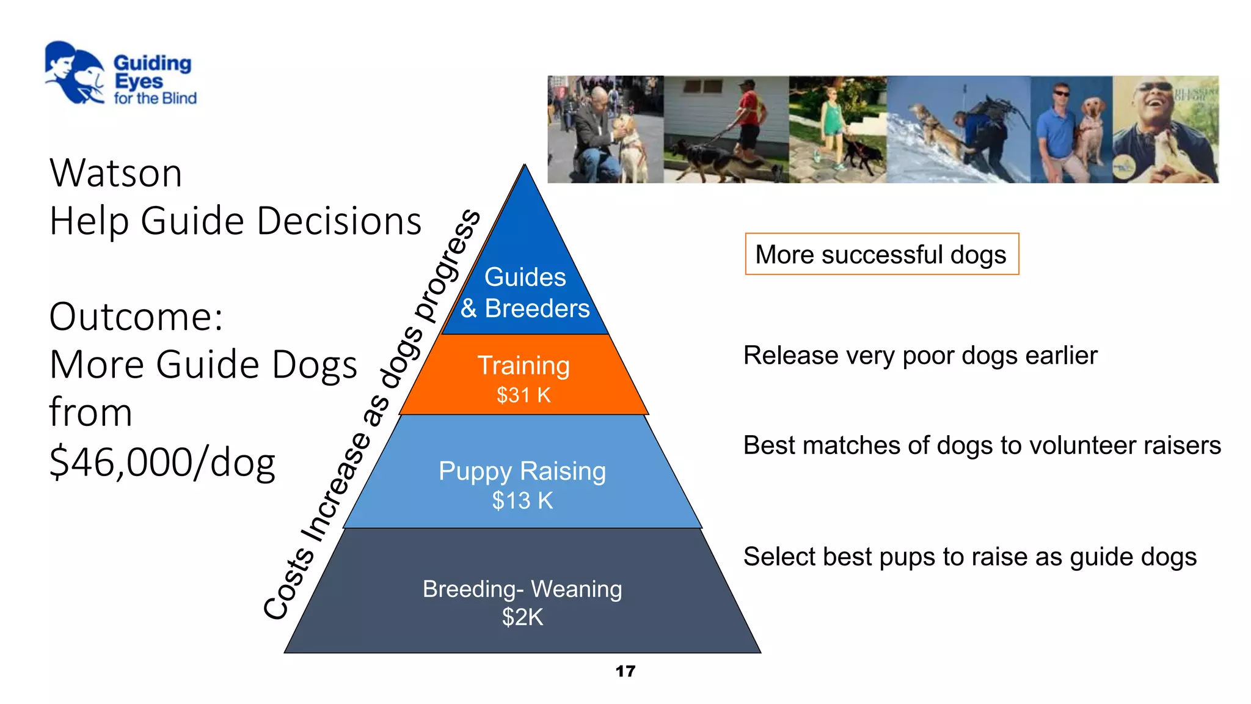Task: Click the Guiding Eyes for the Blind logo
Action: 120,74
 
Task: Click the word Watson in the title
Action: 115,174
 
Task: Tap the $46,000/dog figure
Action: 162,463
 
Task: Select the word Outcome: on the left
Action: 136,317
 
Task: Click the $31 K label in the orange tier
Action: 523,395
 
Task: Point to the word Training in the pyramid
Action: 523,365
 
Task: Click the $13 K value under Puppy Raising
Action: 522,501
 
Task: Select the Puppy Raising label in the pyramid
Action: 522,471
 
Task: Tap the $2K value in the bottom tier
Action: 522,617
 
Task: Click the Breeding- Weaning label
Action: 522,589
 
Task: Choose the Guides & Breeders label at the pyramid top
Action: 525,293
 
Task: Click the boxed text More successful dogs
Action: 881,255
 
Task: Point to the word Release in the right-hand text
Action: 790,356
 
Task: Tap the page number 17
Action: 625,671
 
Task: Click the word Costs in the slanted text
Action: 289,584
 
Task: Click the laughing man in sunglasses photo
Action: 1165,130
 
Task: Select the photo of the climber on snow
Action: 958,130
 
